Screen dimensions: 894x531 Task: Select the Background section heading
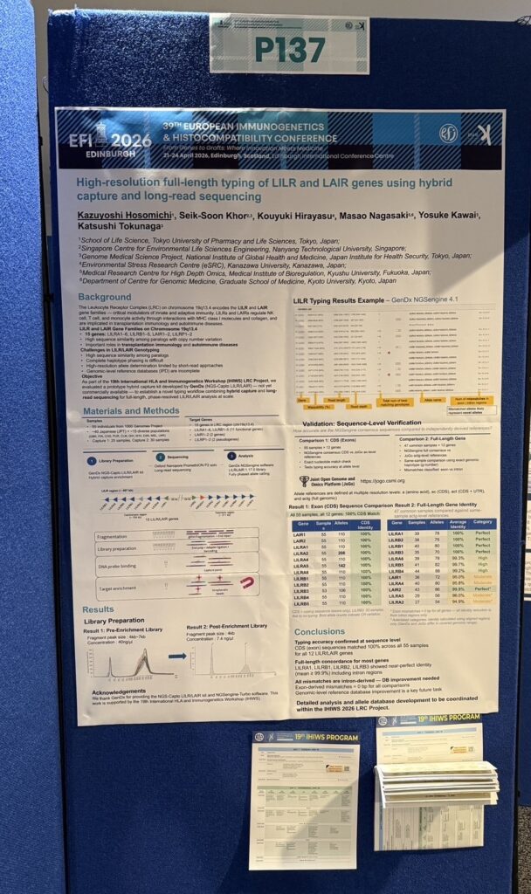[105, 298]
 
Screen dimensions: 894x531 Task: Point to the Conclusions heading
[320, 631]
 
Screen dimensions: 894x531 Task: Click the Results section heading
[98, 609]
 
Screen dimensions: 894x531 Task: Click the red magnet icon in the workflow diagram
[247, 583]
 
